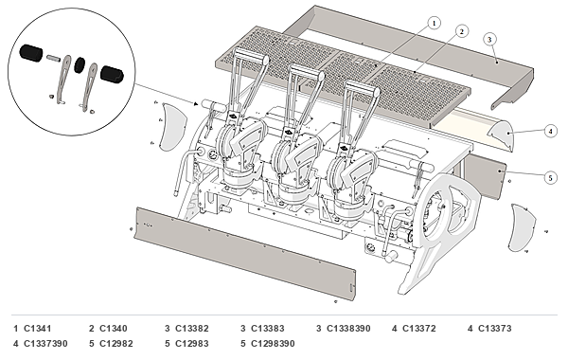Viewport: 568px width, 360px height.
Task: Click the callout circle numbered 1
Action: tap(434, 23)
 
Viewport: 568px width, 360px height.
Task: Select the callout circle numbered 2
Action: tap(462, 31)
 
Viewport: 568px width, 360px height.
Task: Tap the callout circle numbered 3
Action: tap(489, 39)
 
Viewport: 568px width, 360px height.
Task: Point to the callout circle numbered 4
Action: tap(550, 131)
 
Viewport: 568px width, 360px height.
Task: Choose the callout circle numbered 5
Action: tap(551, 178)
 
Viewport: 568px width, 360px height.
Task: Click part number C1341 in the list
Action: tap(38, 329)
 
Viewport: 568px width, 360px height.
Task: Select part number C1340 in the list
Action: tap(114, 329)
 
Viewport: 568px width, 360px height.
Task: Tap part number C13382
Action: tap(192, 329)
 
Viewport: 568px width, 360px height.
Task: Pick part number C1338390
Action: tap(348, 329)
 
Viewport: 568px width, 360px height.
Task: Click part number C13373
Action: tap(495, 329)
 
